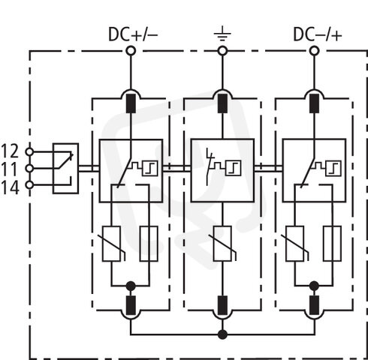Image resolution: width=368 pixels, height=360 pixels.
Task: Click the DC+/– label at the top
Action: [133, 34]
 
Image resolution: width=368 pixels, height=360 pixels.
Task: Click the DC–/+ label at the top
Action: [317, 34]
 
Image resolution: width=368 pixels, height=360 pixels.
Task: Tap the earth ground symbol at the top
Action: [222, 36]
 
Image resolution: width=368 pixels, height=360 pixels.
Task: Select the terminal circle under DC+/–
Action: [131, 51]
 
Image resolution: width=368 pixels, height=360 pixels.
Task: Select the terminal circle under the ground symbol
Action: [222, 51]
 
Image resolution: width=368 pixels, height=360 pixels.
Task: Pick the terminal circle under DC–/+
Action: [314, 51]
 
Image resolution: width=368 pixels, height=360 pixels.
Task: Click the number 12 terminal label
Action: [10, 151]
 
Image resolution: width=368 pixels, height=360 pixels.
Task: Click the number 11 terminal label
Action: [9, 169]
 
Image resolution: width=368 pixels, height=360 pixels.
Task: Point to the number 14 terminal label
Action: [10, 187]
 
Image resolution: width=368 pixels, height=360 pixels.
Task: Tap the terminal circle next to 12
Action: [29, 151]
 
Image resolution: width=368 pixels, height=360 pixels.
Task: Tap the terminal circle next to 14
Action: [29, 185]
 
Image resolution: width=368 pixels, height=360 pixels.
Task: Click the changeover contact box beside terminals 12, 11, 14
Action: [65, 168]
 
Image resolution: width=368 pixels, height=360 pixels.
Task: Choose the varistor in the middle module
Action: [222, 244]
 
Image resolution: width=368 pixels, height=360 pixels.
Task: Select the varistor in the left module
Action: [111, 244]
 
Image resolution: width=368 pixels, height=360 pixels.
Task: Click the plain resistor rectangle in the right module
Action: [332, 244]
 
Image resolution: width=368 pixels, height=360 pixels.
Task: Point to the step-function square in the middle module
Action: [234, 168]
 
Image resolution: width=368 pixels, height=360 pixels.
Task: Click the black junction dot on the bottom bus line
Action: [222, 334]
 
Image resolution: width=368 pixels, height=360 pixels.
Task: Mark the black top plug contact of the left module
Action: [131, 103]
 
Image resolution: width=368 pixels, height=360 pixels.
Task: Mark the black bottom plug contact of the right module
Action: [314, 305]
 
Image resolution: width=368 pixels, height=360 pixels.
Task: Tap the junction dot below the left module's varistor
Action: [131, 286]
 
